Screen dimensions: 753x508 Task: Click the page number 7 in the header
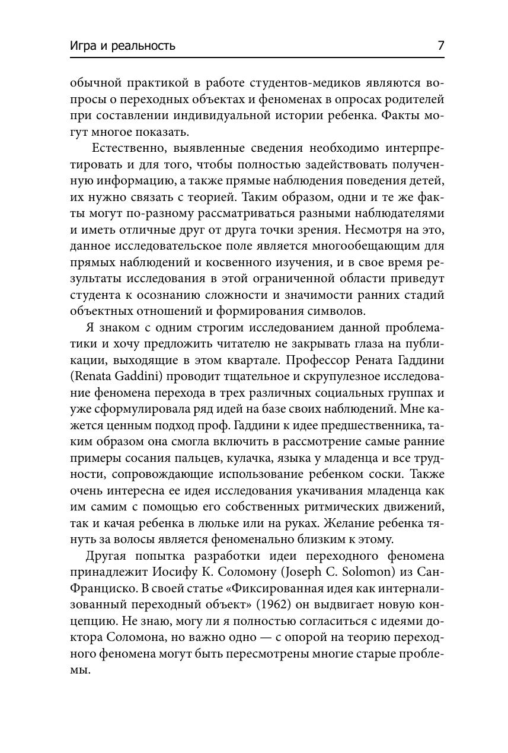(440, 46)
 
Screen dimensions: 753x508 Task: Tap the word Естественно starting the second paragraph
(129, 148)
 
